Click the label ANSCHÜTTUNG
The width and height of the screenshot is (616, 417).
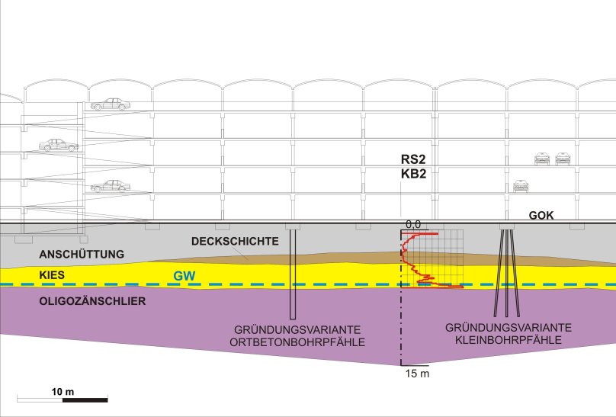coord(82,254)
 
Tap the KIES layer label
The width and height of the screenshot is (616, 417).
coord(52,275)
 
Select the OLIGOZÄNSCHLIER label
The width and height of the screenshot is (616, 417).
coord(92,301)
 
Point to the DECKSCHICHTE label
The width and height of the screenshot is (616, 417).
coord(235,241)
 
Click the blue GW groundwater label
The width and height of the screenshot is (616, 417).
coord(184,276)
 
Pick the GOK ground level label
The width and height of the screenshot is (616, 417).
coord(541,215)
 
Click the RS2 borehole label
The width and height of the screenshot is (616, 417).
coord(413,159)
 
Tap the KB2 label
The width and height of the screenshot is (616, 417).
coord(413,174)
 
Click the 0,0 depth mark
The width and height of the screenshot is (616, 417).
coord(413,224)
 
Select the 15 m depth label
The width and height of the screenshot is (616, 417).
coord(417,374)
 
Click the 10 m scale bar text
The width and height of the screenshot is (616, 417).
coord(63,392)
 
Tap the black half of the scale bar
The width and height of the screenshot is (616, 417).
coord(85,400)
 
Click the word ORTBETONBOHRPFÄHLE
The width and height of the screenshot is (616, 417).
coord(297,342)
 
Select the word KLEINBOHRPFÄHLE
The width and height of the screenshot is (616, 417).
coord(509,340)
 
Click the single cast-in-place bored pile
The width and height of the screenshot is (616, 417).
coord(292,274)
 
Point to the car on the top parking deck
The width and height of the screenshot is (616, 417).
coord(111,104)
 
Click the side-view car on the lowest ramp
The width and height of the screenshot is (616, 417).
coord(111,186)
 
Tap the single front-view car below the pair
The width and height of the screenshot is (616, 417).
coord(521,186)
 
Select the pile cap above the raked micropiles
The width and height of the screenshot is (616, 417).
coord(506,226)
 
